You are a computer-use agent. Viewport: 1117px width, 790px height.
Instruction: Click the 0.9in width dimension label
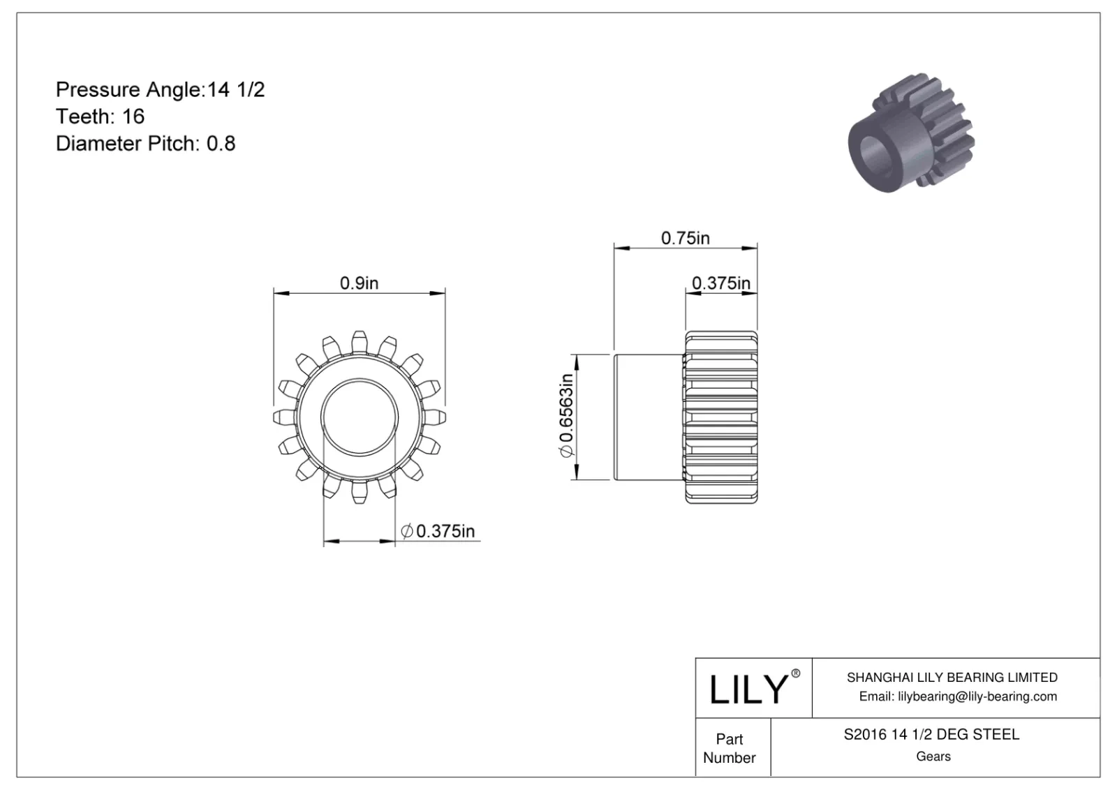point(359,283)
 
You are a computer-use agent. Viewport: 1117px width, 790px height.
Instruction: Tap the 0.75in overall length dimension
point(685,238)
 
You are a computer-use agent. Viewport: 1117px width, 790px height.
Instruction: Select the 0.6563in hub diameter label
point(566,417)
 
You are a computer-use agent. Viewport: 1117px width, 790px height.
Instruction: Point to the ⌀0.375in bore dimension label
point(438,531)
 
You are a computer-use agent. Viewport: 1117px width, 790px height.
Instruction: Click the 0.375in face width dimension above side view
point(720,283)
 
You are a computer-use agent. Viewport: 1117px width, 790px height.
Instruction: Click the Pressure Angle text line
point(160,89)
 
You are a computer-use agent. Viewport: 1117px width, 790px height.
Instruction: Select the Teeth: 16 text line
point(100,116)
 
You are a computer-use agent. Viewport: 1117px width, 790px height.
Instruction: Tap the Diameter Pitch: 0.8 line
point(145,143)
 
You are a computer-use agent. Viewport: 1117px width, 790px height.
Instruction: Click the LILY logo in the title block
point(748,689)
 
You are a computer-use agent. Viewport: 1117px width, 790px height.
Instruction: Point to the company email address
point(957,696)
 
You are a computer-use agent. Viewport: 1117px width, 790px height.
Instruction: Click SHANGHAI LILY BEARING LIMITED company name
point(952,677)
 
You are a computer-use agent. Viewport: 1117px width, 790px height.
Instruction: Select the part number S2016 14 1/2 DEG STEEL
point(931,734)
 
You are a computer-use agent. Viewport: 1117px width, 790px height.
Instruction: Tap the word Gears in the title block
point(933,757)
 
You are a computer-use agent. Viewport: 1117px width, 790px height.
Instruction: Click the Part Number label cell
point(730,748)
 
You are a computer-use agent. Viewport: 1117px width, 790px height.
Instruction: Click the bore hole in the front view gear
point(360,417)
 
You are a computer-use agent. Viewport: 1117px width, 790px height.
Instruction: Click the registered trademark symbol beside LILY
point(795,673)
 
